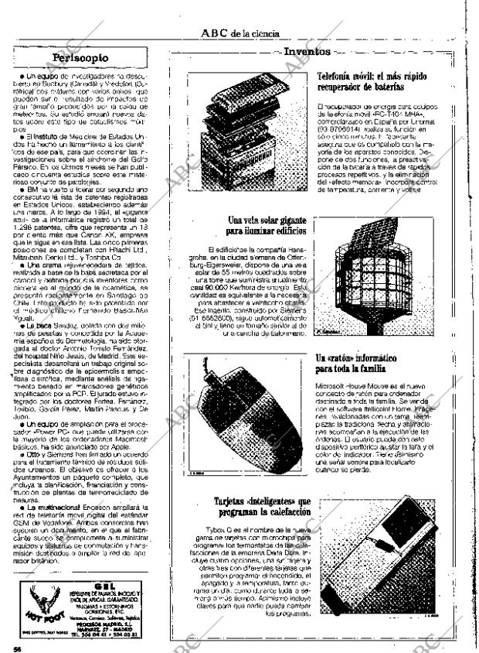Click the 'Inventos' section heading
coord(307,52)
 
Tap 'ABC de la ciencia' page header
coord(239,33)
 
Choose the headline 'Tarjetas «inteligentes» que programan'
coord(263,507)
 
